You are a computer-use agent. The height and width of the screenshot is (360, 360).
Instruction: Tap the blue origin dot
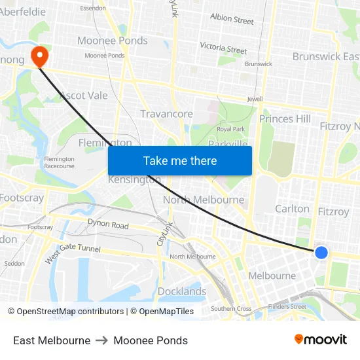[321, 252]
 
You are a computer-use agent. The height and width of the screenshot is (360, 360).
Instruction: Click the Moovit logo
[321, 340]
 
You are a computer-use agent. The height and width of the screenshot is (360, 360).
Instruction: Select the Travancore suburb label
[166, 114]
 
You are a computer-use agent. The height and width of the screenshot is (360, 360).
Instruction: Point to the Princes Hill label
[285, 118]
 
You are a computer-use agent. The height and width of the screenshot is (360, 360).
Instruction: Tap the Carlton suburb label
[292, 209]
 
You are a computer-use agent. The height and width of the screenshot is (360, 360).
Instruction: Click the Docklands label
[182, 291]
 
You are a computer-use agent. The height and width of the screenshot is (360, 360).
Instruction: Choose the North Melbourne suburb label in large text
[204, 200]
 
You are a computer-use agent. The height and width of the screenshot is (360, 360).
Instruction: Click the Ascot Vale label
[83, 96]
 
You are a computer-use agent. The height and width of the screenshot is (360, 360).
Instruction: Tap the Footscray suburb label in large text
[22, 198]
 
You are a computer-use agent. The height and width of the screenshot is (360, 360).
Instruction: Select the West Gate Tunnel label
[73, 251]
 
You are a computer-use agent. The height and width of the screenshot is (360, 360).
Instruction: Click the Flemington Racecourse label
[59, 162]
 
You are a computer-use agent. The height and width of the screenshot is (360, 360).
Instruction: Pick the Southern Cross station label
[231, 308]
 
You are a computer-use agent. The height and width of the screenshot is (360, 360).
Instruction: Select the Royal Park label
[230, 129]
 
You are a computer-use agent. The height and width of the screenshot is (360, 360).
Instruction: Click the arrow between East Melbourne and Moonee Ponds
[101, 340]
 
